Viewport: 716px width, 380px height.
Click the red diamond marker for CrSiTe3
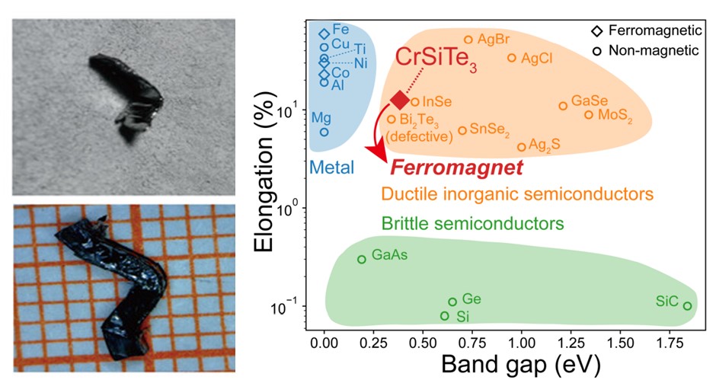pyautogui.click(x=400, y=100)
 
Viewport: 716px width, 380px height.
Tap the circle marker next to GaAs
pyautogui.click(x=362, y=260)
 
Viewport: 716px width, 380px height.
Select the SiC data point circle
pyautogui.click(x=687, y=306)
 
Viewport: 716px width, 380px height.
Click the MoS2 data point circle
pyautogui.click(x=589, y=115)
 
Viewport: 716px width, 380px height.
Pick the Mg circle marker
pyautogui.click(x=324, y=132)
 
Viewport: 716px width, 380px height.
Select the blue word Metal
pyautogui.click(x=331, y=167)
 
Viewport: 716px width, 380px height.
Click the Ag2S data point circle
pyautogui.click(x=522, y=147)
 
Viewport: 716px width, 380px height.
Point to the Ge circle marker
pyautogui.click(x=452, y=302)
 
